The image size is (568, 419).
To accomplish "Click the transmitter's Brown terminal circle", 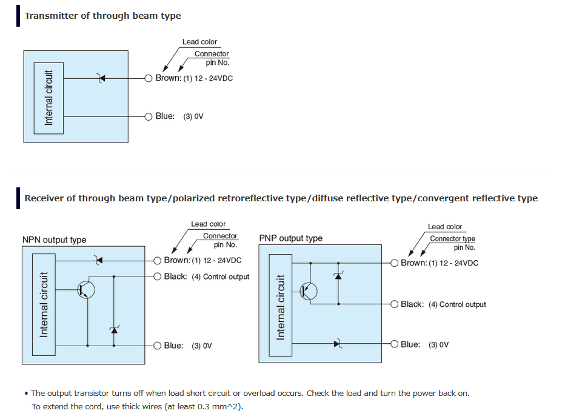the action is tap(148, 78).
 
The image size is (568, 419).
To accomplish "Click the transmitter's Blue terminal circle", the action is tap(148, 116).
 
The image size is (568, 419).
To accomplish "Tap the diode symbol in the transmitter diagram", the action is tap(101, 78).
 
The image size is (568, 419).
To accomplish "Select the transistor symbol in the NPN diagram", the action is tap(86, 290).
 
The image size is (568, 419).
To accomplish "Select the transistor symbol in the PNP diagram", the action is tap(309, 291).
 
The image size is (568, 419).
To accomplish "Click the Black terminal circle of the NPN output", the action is tap(157, 277).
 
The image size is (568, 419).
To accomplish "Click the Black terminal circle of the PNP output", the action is tap(394, 304).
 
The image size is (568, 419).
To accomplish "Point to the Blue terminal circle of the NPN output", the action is tap(157, 346).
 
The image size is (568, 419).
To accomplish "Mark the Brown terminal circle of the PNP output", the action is tap(394, 263).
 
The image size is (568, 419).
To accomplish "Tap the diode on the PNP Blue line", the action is tap(338, 344).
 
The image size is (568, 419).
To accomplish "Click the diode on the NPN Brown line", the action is tap(99, 260).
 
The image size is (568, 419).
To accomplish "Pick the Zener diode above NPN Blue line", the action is tap(114, 330).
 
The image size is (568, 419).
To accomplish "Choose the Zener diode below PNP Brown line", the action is tap(338, 276).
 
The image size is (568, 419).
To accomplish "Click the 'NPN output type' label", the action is tap(55, 240).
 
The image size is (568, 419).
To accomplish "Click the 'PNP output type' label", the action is tap(290, 238).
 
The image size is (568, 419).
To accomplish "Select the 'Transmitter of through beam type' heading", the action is tap(103, 16).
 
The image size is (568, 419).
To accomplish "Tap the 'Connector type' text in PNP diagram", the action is tap(452, 239).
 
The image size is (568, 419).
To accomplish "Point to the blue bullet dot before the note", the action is tap(26, 394).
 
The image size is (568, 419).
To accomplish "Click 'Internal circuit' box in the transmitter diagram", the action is tap(48, 98).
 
